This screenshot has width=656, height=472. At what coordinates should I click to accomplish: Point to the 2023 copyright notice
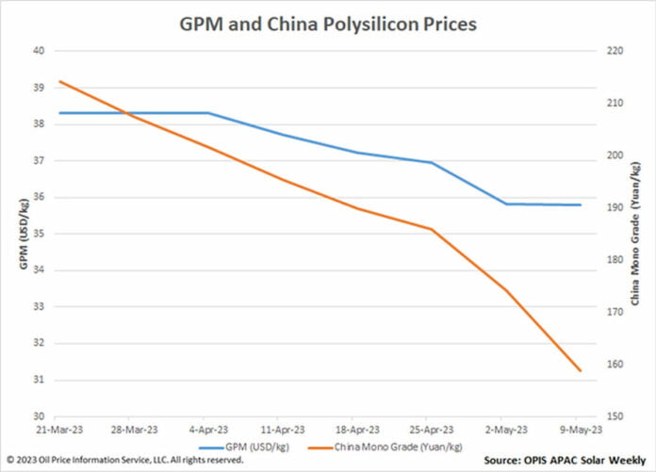[124, 460]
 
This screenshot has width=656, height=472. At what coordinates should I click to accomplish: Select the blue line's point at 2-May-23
[506, 203]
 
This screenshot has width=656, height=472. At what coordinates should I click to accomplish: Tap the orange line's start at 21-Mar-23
[59, 81]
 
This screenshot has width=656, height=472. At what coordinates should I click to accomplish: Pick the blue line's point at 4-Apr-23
[208, 113]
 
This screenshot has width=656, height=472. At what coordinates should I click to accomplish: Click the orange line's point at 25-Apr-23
[432, 229]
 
